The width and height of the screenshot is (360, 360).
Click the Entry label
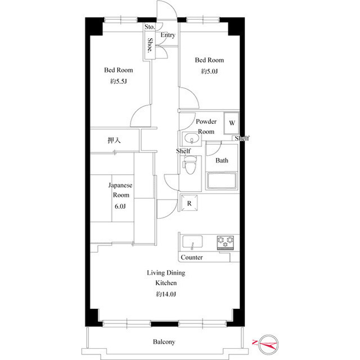[x=168, y=35]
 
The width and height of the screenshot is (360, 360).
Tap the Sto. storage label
[x=149, y=26]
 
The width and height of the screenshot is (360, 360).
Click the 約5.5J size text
[x=118, y=81]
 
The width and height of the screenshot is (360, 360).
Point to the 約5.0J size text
[x=209, y=71]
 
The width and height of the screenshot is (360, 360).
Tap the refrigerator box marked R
[x=189, y=203]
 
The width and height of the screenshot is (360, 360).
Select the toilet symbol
[x=190, y=165]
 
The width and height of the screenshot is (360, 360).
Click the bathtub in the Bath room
[x=223, y=181]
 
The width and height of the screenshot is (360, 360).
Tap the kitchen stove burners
[x=227, y=242]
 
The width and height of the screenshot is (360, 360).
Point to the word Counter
[x=192, y=258]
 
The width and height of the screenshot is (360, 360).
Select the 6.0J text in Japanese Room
[x=120, y=206]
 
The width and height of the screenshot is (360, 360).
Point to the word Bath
[x=222, y=160]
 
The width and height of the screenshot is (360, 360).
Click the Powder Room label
[x=206, y=127]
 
